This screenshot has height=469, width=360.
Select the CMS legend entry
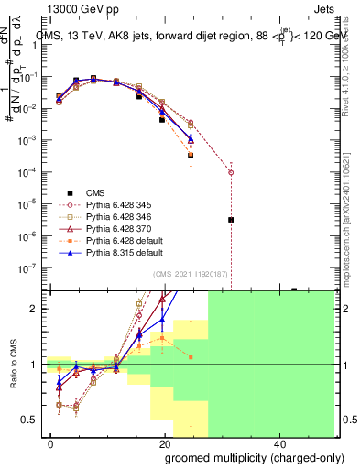[96, 192]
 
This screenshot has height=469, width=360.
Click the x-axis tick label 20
[165, 442]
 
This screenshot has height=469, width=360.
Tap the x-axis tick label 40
[279, 442]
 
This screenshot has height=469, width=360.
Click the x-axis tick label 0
[51, 442]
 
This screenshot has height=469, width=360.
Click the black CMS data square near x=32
[231, 220]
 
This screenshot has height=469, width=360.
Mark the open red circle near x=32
[231, 172]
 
